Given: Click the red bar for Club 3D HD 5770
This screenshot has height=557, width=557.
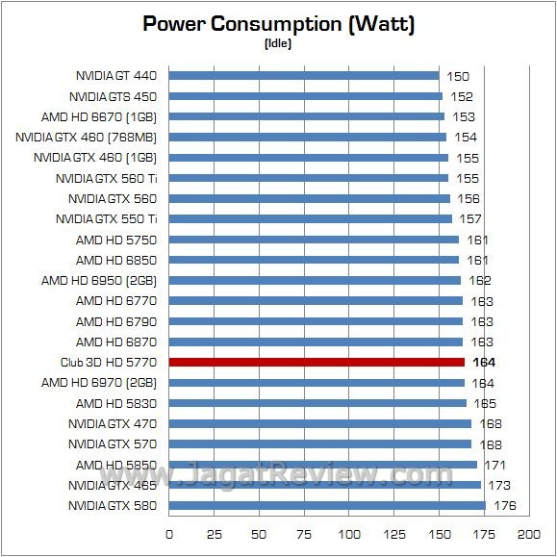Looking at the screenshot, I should (x=316, y=362).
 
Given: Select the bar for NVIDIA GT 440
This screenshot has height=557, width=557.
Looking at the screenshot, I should (x=304, y=75).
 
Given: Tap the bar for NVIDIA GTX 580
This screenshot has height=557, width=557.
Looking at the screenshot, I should (x=327, y=505).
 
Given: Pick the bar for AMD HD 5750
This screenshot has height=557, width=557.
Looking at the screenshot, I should (x=314, y=240).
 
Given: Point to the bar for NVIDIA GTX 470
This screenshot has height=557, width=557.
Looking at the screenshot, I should (x=320, y=423).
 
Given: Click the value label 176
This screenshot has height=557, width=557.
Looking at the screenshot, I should (x=506, y=505).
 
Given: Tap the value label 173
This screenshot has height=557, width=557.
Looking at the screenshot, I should (x=499, y=485).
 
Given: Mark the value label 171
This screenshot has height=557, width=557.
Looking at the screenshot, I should (x=495, y=465).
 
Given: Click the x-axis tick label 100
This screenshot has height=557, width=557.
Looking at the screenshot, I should (x=348, y=534).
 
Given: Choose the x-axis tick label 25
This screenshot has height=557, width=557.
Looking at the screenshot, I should (x=215, y=534).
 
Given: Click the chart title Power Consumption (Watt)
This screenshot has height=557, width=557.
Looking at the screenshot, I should (x=278, y=24).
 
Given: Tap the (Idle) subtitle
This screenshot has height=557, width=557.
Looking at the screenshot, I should (x=278, y=43).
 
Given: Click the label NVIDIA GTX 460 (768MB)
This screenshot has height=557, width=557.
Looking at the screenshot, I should (x=87, y=137).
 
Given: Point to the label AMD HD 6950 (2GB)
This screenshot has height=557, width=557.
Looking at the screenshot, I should (x=92, y=280).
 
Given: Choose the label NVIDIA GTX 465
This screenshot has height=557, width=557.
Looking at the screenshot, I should (x=113, y=485).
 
